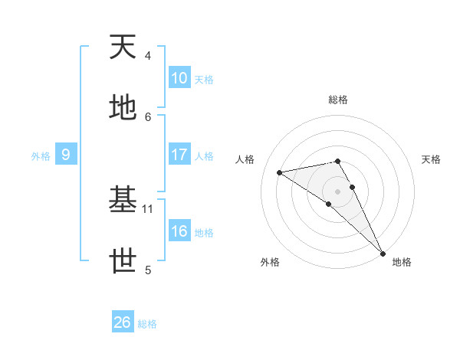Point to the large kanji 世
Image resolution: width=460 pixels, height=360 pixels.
point(123,261)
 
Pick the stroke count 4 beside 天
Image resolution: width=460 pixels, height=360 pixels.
point(148,56)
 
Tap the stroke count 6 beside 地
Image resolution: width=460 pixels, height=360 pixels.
point(148,116)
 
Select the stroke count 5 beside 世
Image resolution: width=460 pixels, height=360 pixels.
point(148,270)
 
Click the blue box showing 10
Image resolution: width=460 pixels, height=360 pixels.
point(179,78)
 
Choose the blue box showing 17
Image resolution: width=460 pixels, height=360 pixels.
point(179,155)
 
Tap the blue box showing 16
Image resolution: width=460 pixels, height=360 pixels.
point(179,231)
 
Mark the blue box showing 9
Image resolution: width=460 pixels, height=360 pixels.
point(66,155)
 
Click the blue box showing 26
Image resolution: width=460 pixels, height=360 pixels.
point(123,322)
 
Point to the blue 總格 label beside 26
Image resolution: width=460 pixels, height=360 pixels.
point(147,324)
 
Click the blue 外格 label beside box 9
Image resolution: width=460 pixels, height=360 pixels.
point(41,156)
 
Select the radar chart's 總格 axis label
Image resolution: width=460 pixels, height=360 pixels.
point(338,100)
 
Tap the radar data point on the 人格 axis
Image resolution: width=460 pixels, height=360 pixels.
point(280,172)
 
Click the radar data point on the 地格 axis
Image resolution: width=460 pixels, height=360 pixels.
point(383,252)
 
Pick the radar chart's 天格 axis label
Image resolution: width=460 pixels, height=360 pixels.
point(431,159)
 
